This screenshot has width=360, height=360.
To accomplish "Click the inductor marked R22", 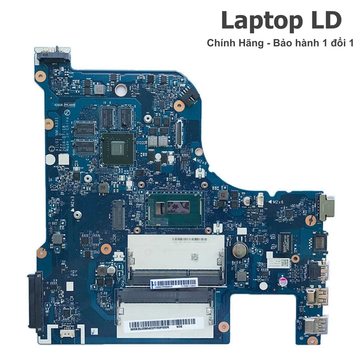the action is point(223,195).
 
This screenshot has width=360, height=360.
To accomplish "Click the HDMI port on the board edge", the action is point(318,271).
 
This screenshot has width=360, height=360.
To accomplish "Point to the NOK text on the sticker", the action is point(179,327).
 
